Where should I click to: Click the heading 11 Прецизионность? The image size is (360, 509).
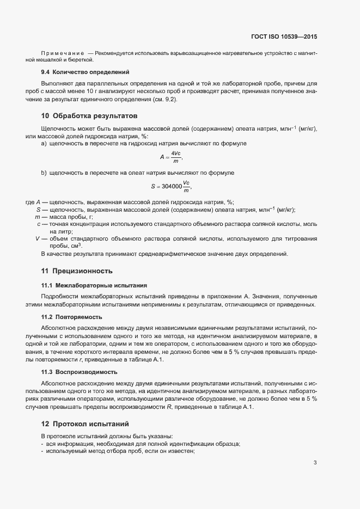pos(77,270)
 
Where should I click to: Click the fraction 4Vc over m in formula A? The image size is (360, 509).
pos(176,157)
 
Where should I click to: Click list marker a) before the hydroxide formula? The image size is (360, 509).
pos(44,143)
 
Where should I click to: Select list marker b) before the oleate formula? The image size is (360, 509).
pos(44,173)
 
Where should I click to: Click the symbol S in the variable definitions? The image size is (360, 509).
pos(39,210)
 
